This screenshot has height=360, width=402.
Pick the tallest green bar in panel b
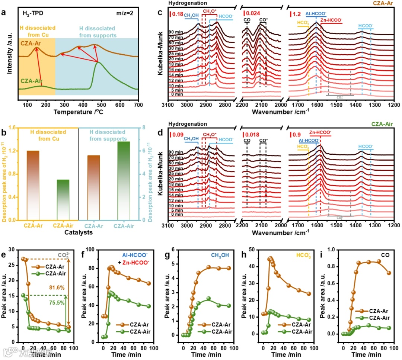(x=124, y=180)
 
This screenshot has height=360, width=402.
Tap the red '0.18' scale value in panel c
(x=178, y=15)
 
